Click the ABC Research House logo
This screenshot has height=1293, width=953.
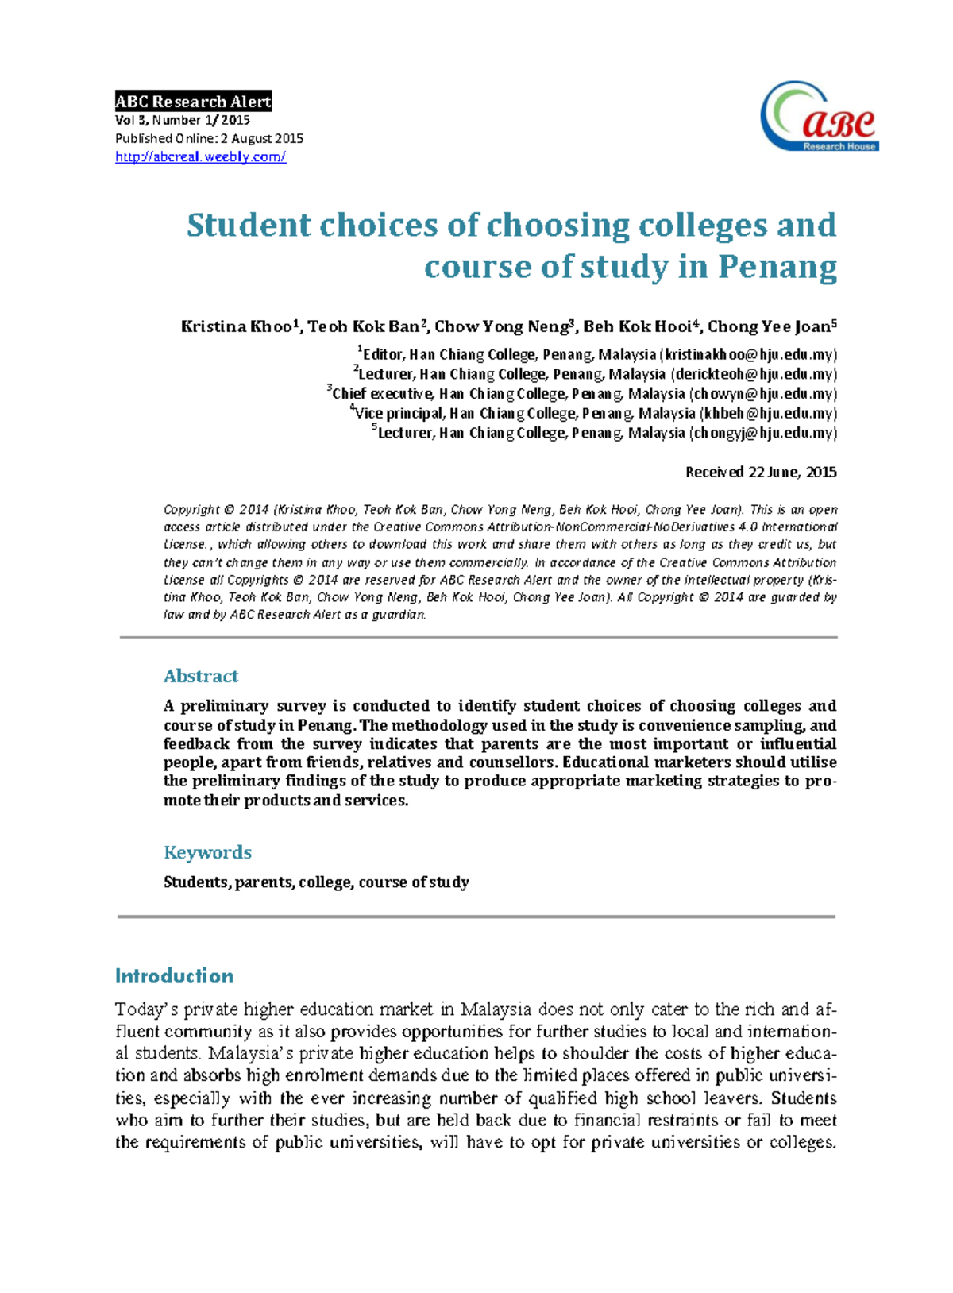click(x=819, y=117)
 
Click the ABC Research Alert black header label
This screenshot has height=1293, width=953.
click(x=193, y=101)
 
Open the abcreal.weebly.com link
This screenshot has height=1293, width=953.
click(x=200, y=157)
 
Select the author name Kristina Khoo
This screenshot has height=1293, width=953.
click(x=237, y=326)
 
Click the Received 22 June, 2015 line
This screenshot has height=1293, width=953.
click(x=760, y=472)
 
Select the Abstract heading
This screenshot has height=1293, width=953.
click(x=200, y=676)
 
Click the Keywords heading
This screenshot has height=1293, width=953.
click(x=207, y=852)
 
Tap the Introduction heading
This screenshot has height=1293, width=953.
click(x=174, y=976)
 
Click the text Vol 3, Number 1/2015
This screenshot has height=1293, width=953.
click(x=183, y=120)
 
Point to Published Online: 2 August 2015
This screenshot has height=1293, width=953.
click(x=209, y=138)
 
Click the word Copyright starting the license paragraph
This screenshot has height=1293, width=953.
click(x=191, y=510)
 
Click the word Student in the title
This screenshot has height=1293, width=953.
click(x=249, y=226)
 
